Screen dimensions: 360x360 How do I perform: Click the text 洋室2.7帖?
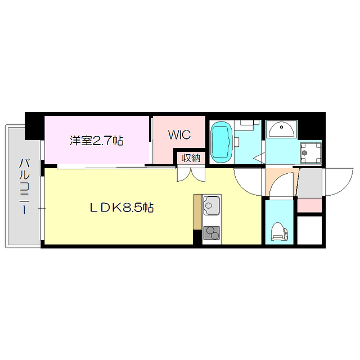(96, 141)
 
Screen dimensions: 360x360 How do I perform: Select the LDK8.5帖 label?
(122, 208)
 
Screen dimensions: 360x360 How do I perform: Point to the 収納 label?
(191, 157)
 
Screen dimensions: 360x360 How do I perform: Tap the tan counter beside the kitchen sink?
(197, 212)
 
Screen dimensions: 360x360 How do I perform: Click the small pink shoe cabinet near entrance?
(309, 205)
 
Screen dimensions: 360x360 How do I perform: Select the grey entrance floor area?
(309, 183)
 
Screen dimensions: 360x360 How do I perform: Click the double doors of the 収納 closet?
(191, 174)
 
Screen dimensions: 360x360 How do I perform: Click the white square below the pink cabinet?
(309, 229)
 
